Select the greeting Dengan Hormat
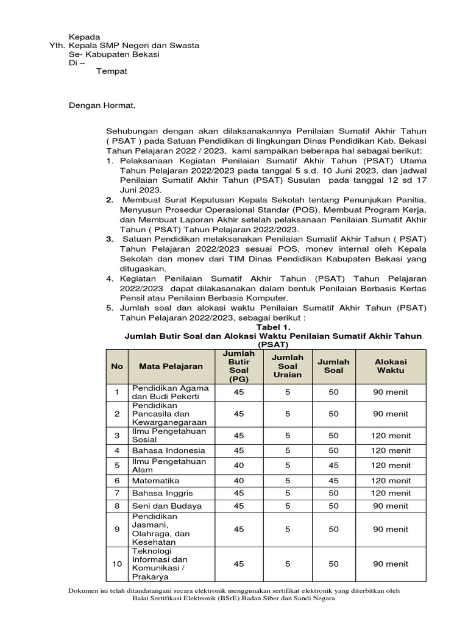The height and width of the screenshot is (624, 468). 102,106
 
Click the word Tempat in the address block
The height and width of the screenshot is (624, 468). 112,71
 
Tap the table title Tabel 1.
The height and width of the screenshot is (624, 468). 273,327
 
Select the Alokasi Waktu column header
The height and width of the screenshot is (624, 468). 391,366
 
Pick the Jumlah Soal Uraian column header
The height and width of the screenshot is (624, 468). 287,366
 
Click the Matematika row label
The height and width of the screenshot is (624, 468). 155,480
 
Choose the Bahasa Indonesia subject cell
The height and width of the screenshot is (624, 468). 164,451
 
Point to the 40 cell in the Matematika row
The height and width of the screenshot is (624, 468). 238,480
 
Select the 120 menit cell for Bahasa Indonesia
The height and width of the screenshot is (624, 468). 391,451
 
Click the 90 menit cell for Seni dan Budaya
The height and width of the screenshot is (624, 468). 391,506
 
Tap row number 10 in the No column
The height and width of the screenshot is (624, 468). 117,564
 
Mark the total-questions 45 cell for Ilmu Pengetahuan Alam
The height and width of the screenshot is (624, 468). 333,465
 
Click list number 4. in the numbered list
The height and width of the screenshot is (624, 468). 110,278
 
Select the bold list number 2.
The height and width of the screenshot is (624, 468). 110,199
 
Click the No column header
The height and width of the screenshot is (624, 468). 117,366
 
